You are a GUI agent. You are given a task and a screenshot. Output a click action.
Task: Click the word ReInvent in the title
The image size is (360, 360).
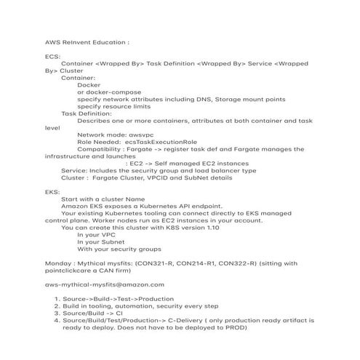[x=75, y=41]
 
